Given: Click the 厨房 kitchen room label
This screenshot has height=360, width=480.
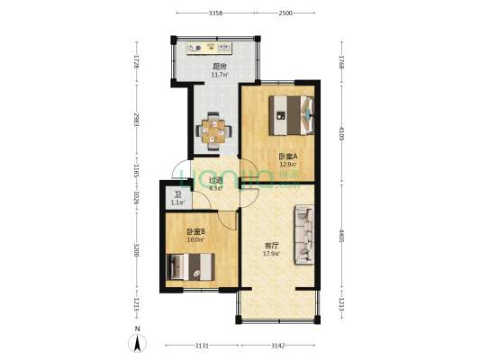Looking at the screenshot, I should (218, 66).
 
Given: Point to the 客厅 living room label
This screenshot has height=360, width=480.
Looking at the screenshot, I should (270, 245).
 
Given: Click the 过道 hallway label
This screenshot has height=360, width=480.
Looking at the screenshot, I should (215, 179).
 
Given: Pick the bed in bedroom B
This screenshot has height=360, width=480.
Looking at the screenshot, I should (191, 266).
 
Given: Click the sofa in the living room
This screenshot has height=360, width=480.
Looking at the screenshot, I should (303, 235).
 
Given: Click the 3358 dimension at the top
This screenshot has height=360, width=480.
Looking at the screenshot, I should (215, 13).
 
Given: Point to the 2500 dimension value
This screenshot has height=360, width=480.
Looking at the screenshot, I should (285, 13).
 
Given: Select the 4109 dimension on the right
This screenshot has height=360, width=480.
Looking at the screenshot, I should (341, 134).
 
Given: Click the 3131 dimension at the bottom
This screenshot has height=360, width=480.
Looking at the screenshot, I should (201, 345).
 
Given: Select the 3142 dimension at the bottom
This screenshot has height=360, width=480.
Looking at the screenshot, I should (277, 345).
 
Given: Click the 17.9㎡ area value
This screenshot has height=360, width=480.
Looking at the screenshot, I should (270, 254).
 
